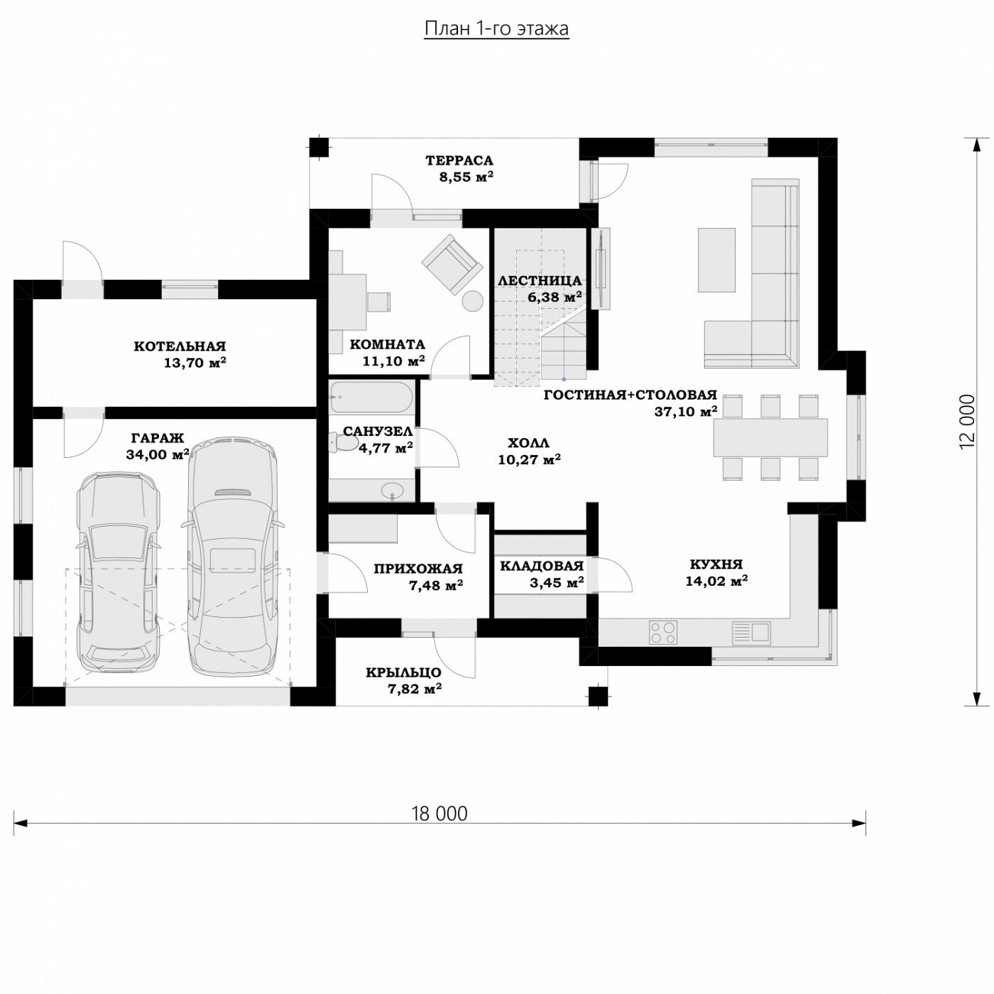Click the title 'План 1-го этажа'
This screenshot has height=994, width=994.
(496, 29)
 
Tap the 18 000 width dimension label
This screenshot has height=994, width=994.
(440, 814)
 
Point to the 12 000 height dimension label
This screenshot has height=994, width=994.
(967, 421)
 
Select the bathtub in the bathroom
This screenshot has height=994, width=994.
(372, 398)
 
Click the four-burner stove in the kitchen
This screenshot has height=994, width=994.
(662, 632)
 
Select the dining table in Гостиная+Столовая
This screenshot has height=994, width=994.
(770, 437)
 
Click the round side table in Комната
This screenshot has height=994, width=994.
(472, 300)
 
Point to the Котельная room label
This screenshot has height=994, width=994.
(180, 346)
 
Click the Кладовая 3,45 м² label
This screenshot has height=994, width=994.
(541, 574)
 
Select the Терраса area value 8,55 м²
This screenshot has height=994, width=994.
(466, 177)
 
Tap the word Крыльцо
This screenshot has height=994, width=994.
(404, 673)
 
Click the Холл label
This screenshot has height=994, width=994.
(528, 443)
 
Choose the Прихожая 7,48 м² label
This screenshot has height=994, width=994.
(418, 577)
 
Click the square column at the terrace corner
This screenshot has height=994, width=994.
(320, 147)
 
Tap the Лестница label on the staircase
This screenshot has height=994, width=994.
(540, 281)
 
